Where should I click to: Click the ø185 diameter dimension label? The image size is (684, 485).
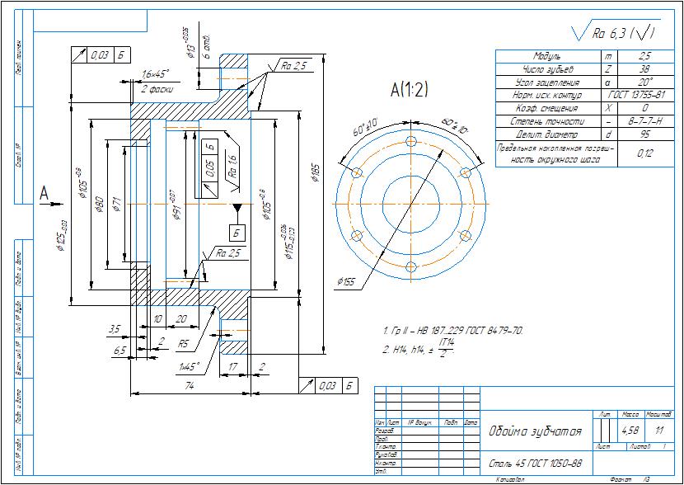(x=315, y=172)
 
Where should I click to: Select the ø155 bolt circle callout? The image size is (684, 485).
(x=345, y=282)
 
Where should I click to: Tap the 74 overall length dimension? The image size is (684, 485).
(x=189, y=385)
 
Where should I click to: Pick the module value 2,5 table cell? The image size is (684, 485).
(x=644, y=56)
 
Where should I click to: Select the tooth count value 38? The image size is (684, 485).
(x=644, y=69)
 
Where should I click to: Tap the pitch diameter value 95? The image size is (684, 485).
(x=644, y=135)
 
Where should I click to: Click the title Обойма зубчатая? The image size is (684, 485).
(x=536, y=431)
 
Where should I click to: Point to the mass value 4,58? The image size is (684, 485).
(x=631, y=430)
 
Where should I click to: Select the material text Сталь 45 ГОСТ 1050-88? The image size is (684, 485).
(x=536, y=463)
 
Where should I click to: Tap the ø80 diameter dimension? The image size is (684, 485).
(x=99, y=205)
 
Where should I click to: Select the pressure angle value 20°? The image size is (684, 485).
(x=644, y=82)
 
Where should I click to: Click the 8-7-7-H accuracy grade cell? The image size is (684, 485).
(x=644, y=122)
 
